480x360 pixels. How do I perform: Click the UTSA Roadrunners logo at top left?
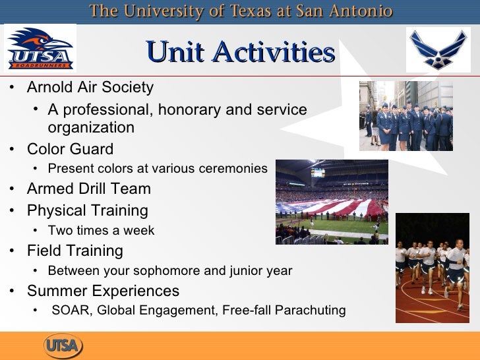click(x=40, y=48)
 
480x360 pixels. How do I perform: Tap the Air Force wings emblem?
click(x=438, y=49)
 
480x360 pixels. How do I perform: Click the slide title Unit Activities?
click(x=240, y=52)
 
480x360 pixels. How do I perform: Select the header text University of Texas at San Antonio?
click(x=241, y=11)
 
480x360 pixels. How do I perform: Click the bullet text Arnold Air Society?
click(x=90, y=87)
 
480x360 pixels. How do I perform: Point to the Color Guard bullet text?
click(x=70, y=149)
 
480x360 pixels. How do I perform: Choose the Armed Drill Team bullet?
click(x=88, y=189)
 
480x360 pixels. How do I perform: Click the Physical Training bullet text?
click(x=87, y=211)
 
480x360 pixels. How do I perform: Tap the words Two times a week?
click(x=101, y=231)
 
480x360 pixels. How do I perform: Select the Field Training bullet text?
click(x=75, y=251)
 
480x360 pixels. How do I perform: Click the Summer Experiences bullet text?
click(x=103, y=291)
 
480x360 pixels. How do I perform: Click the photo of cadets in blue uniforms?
click(x=405, y=116)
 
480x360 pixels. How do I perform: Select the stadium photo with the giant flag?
click(x=331, y=202)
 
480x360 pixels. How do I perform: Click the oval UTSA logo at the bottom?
click(x=63, y=344)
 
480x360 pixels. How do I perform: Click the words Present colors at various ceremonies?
click(x=158, y=169)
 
